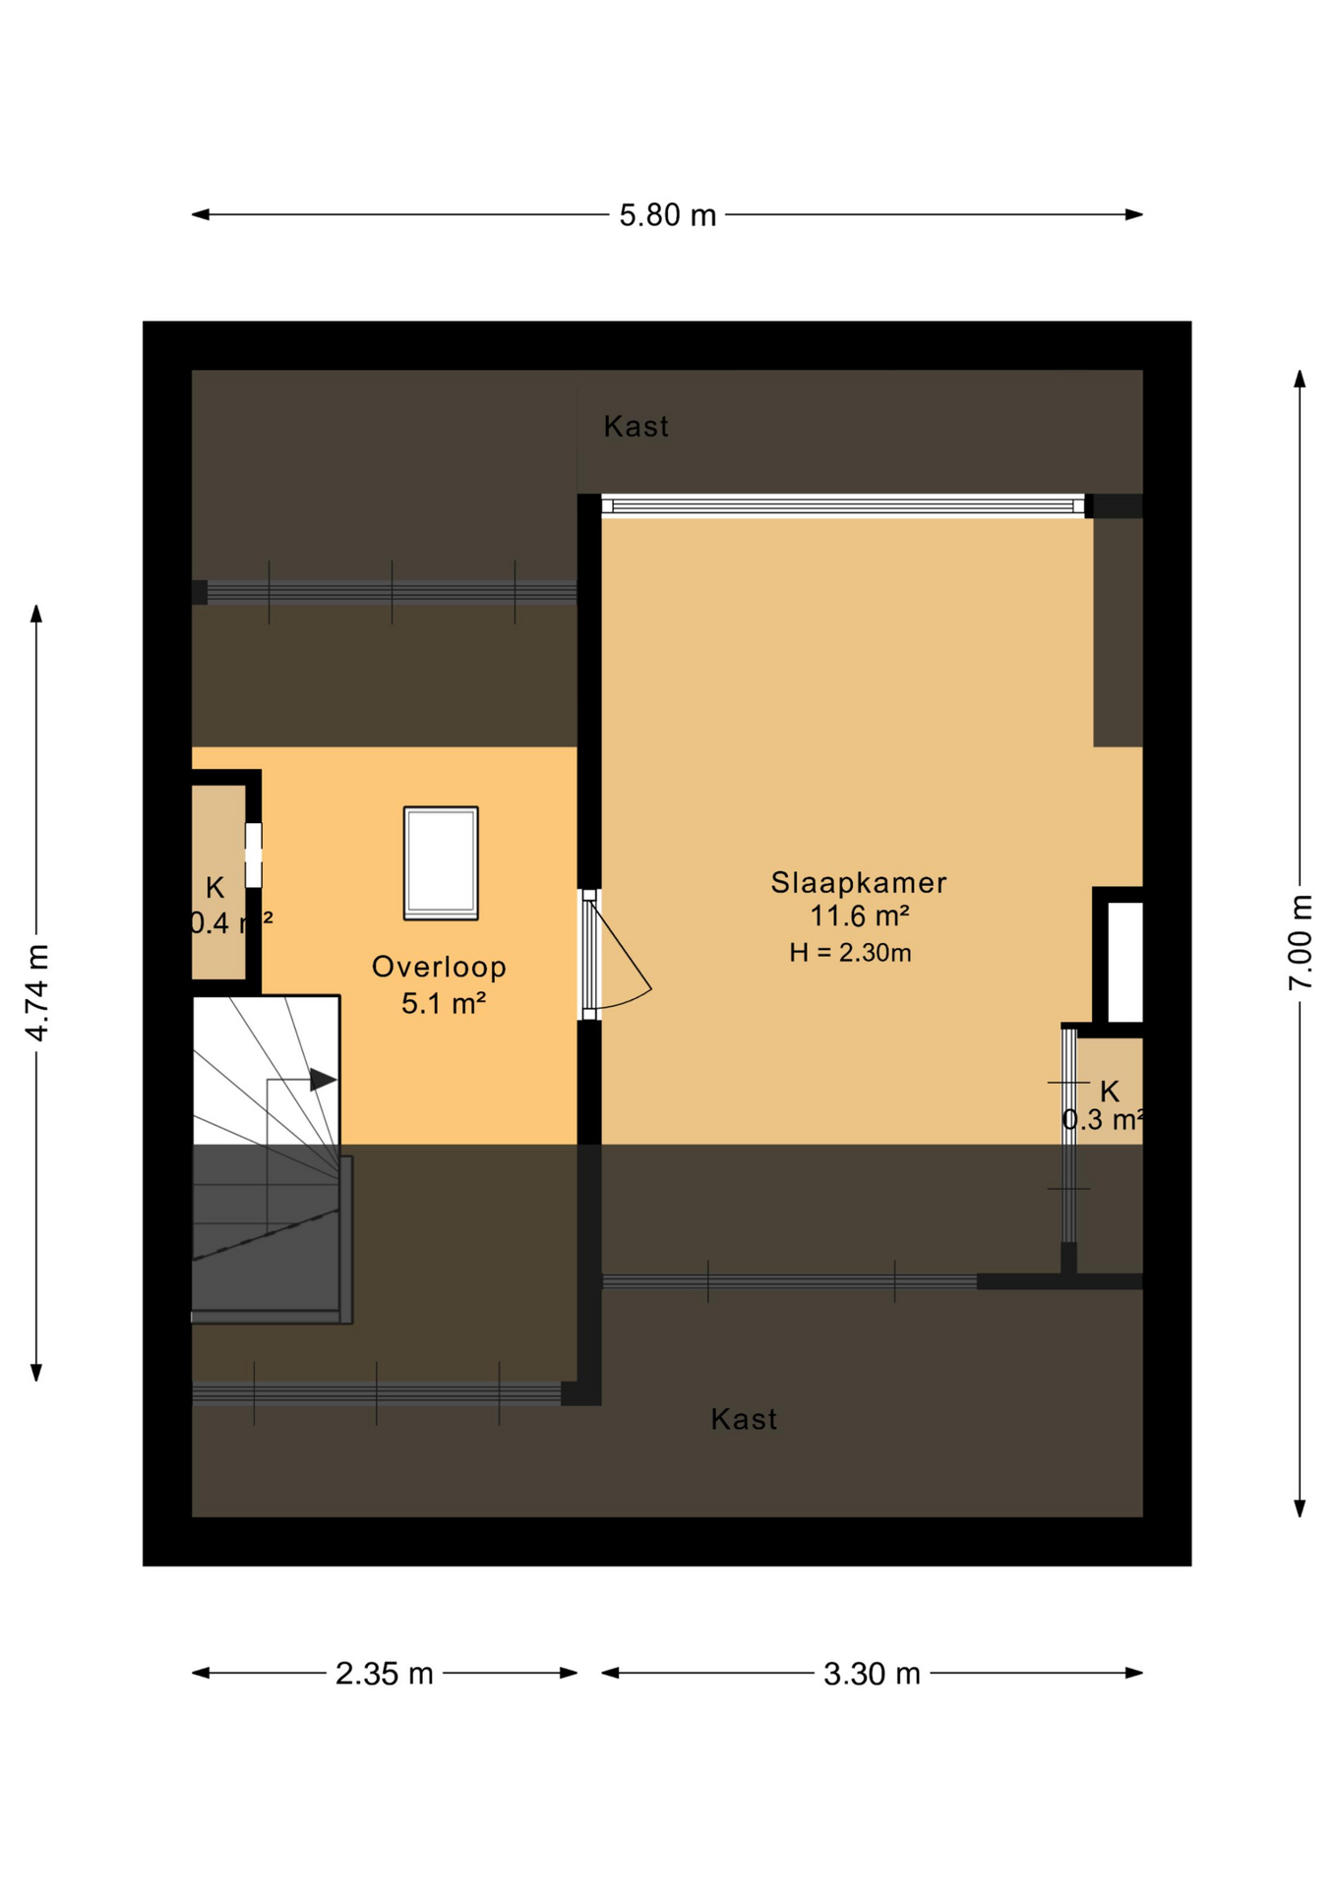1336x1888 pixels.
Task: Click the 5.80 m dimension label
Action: tap(667, 215)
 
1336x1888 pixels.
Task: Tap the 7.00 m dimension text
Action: tap(1300, 942)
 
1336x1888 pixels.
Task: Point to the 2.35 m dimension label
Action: tap(384, 1673)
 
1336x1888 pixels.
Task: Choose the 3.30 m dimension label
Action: tap(872, 1673)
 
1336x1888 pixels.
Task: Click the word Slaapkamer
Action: tap(858, 882)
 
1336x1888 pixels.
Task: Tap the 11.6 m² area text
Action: tap(858, 916)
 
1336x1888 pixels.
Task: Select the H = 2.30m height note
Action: tap(850, 952)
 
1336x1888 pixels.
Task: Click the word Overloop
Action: tap(439, 967)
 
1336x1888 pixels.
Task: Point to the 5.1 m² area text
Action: tap(443, 1003)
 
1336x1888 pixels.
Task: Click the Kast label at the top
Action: tap(636, 426)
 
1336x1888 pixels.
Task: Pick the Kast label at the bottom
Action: tap(744, 1419)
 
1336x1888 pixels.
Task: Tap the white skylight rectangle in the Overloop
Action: tap(441, 862)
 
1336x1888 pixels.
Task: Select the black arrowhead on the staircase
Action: tap(323, 1079)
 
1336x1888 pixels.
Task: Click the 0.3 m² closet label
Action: tap(1102, 1120)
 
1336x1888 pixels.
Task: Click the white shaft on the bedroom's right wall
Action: tap(1124, 962)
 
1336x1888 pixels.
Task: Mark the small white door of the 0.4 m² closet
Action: tap(253, 855)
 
